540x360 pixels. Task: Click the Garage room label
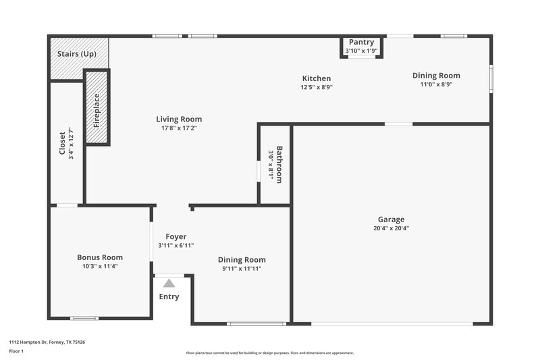[391, 219]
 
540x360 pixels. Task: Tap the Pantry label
[361, 42]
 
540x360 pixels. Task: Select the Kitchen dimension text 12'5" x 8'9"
[317, 87]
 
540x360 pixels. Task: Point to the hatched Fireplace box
[97, 107]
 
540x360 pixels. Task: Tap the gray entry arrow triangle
[169, 284]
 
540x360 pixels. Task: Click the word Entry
[169, 297]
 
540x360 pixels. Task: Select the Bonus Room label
[100, 257]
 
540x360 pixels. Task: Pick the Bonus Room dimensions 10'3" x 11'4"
[100, 266]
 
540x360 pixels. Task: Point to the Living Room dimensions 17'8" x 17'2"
[181, 128]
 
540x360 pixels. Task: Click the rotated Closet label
[63, 143]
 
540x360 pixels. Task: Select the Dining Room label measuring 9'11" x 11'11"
[242, 259]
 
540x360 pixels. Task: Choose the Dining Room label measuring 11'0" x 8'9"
[436, 76]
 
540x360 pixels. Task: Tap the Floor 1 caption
[16, 352]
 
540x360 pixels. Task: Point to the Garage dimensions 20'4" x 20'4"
[391, 228]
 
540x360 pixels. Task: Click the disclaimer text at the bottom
[269, 353]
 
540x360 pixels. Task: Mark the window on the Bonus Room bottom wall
[84, 318]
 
